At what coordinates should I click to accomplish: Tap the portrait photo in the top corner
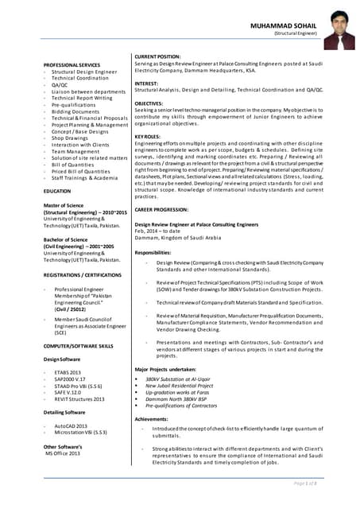pos(338,30)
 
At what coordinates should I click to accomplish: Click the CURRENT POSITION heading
pos(157,57)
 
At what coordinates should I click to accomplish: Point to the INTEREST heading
pos(147,83)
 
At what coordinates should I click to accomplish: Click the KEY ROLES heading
pos(149,136)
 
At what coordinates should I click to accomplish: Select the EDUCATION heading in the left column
pos(57,192)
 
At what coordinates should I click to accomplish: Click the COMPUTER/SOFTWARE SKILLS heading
pos(79,346)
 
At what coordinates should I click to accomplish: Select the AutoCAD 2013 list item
pos(72,425)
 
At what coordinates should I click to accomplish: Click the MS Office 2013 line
pos(63,453)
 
